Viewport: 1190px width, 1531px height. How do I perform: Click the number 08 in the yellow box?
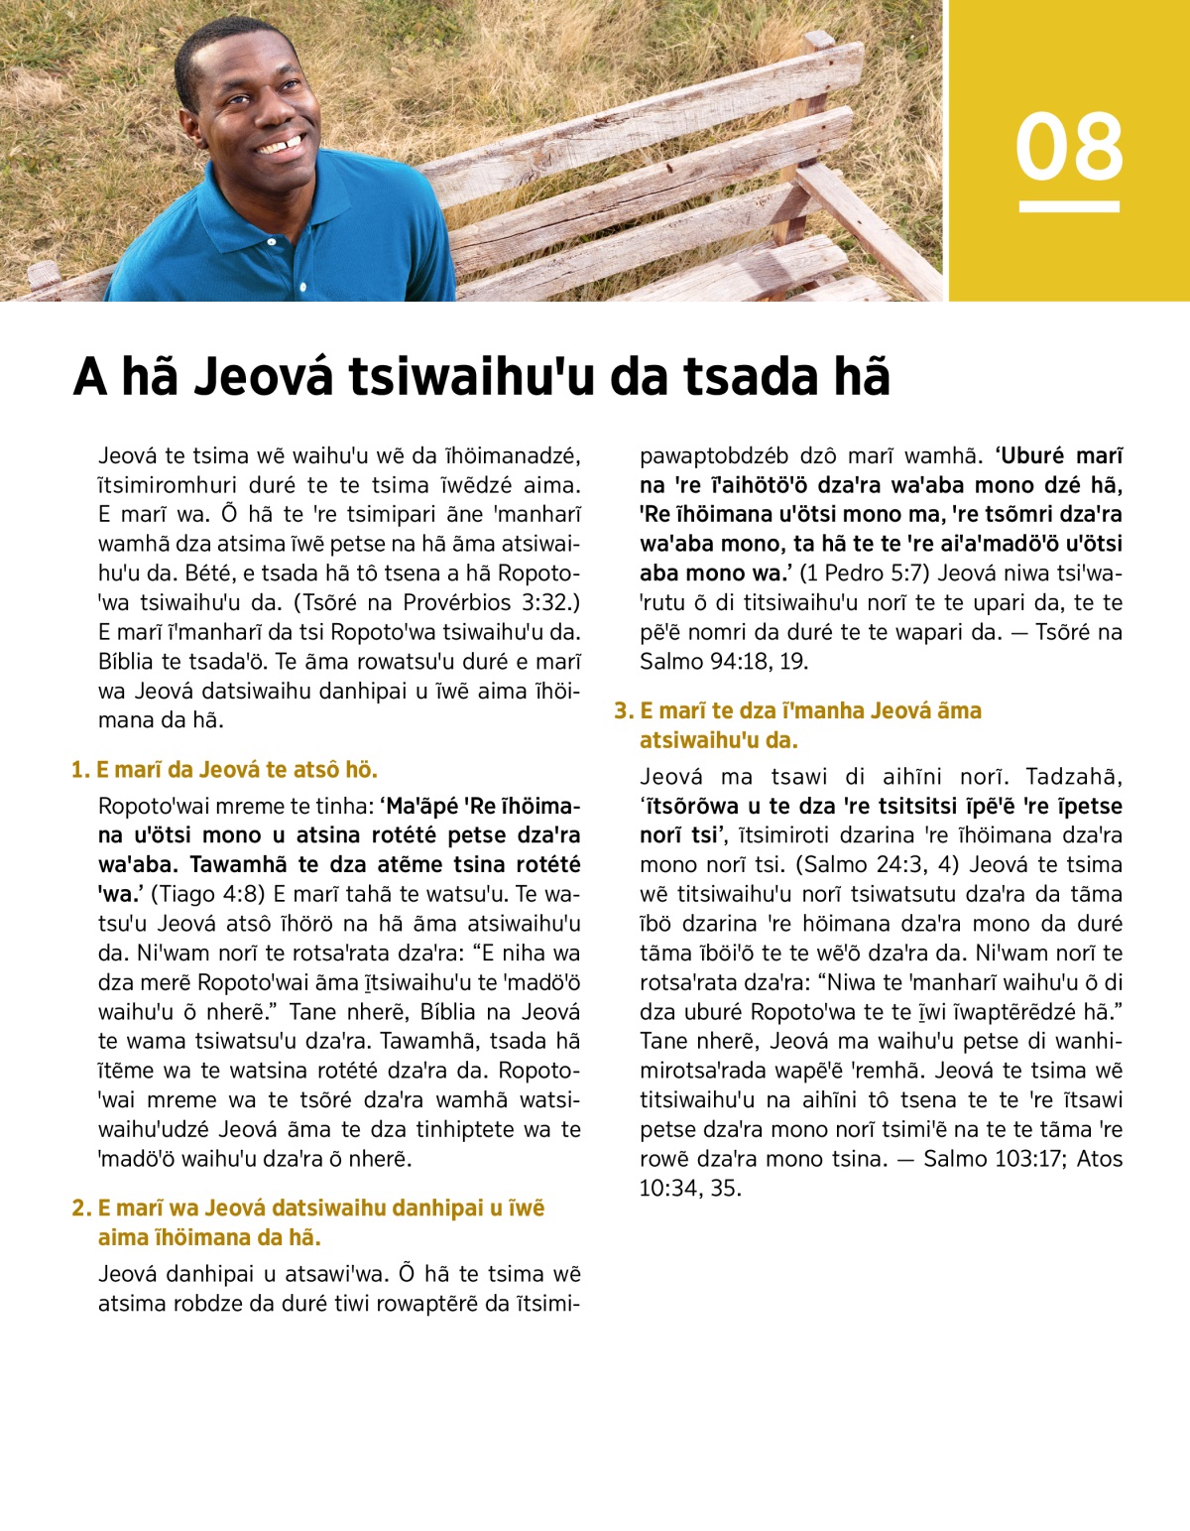[x=1069, y=147]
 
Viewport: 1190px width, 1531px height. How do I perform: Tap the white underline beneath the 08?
[x=1069, y=206]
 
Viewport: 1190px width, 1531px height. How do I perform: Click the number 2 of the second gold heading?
[x=80, y=1209]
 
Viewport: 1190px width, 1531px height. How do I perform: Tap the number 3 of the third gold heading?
[x=622, y=710]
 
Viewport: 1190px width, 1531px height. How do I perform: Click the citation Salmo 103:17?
[x=993, y=1158]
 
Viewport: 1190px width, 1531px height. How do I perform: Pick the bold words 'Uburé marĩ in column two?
[x=1059, y=455]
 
